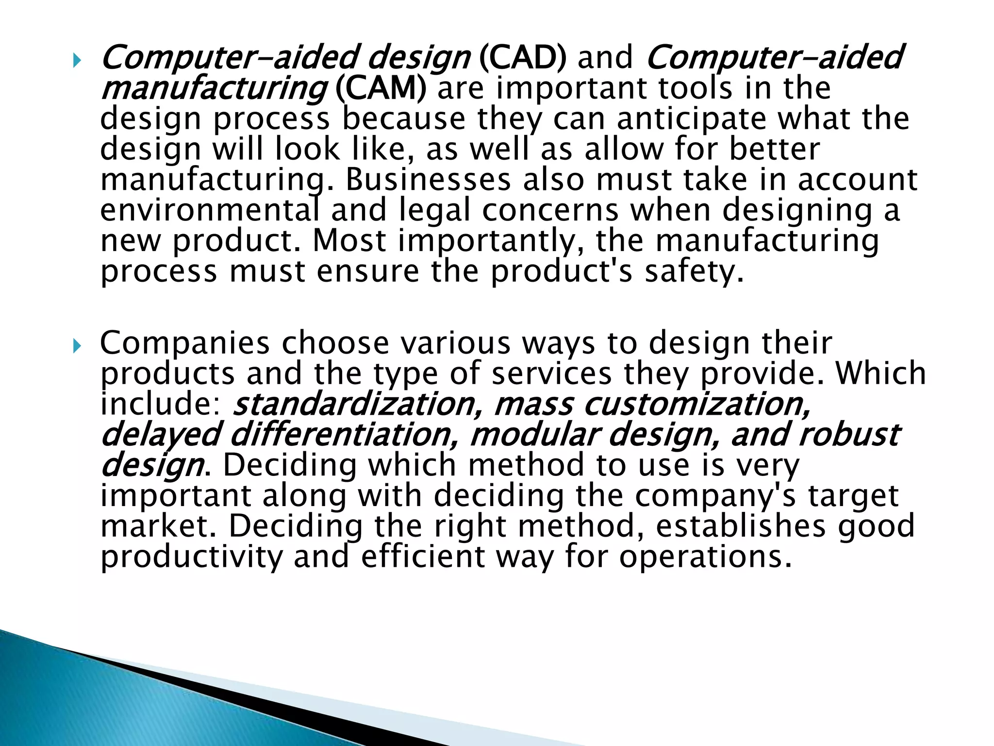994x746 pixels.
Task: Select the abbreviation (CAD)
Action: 522,57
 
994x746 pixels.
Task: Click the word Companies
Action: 184,343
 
